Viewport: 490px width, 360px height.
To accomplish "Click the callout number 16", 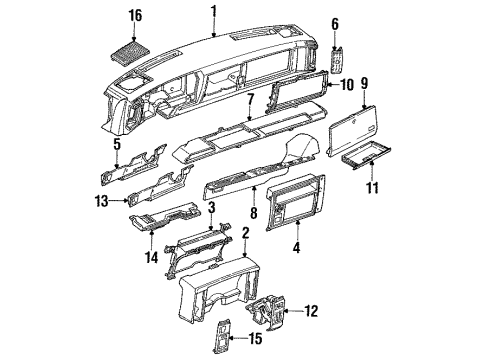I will (135, 17).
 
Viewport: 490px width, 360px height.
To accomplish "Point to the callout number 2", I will (245, 233).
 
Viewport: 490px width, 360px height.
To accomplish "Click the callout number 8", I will (252, 213).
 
